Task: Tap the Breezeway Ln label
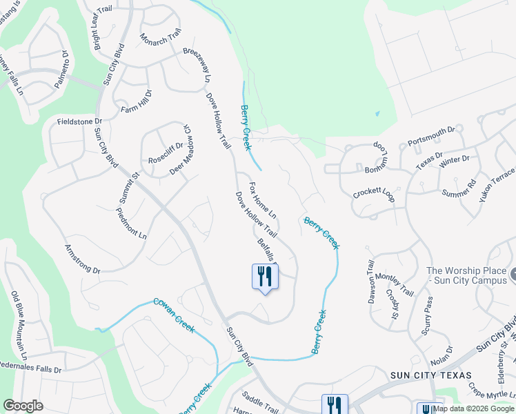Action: coord(197,66)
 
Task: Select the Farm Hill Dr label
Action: coord(136,103)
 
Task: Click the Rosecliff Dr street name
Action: coord(166,158)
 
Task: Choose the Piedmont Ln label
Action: coord(132,223)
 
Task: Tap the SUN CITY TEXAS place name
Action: coord(430,375)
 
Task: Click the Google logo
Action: coord(23,406)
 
